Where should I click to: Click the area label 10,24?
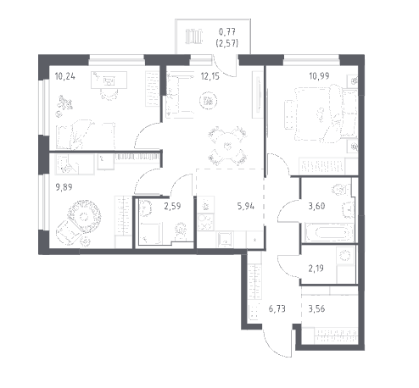[65, 76]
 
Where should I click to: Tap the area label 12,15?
[210, 76]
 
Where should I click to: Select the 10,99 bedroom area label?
[319, 76]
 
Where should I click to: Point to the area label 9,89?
[64, 187]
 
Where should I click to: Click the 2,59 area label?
[172, 206]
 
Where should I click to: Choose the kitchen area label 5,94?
[246, 207]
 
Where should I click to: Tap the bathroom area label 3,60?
[316, 207]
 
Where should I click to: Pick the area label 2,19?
[316, 268]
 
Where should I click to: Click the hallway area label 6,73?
[277, 308]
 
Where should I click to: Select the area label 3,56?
[316, 308]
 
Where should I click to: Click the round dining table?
[227, 146]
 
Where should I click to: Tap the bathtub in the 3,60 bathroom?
[330, 233]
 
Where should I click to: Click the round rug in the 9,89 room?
[84, 217]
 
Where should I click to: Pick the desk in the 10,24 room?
[109, 80]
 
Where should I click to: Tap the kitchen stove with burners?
[206, 223]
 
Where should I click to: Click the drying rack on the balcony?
[194, 36]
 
